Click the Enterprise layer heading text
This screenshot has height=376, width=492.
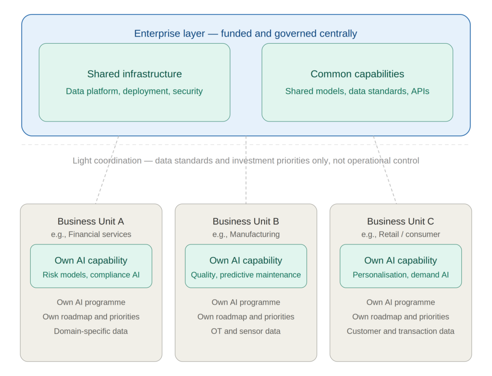coord(246,34)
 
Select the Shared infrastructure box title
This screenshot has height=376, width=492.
coord(135,74)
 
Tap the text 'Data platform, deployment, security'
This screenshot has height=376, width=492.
coord(135,91)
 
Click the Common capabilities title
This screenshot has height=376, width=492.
coord(357,74)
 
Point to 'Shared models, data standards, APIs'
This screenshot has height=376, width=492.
coord(357,91)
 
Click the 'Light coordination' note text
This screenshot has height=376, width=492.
coord(246,160)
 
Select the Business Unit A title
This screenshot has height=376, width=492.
coord(91,221)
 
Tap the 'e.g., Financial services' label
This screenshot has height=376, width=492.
coord(91,234)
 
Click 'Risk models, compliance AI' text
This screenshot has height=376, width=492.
coord(91,275)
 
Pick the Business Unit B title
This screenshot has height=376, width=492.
coord(246,221)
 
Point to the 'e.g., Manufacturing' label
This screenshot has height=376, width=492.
coord(246,234)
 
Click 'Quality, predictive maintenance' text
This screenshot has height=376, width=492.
coord(246,275)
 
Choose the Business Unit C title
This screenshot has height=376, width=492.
coord(401,221)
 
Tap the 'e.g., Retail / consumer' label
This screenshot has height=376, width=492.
coord(401,234)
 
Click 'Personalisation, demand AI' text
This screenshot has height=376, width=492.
coord(401,275)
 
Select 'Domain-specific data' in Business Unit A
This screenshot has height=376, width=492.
coord(91,331)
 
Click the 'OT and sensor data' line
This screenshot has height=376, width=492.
coord(246,331)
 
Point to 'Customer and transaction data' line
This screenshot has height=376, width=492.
coord(401,331)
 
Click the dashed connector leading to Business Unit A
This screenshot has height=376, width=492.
coord(107,170)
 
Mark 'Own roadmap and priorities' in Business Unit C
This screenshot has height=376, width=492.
coord(401,317)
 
